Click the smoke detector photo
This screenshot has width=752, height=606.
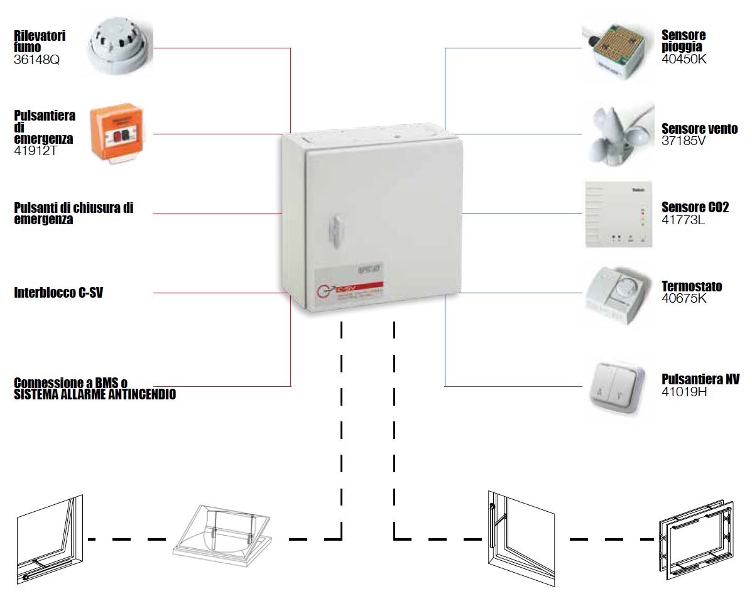pyautogui.click(x=117, y=48)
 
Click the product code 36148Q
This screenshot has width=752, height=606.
pyautogui.click(x=36, y=60)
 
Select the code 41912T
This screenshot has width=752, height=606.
pyautogui.click(x=36, y=151)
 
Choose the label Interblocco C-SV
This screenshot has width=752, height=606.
pyautogui.click(x=58, y=293)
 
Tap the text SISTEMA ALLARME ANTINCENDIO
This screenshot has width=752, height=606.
pyautogui.click(x=94, y=395)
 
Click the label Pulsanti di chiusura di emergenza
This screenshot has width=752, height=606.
pyautogui.click(x=74, y=214)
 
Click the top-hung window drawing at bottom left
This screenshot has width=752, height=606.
pyautogui.click(x=50, y=541)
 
